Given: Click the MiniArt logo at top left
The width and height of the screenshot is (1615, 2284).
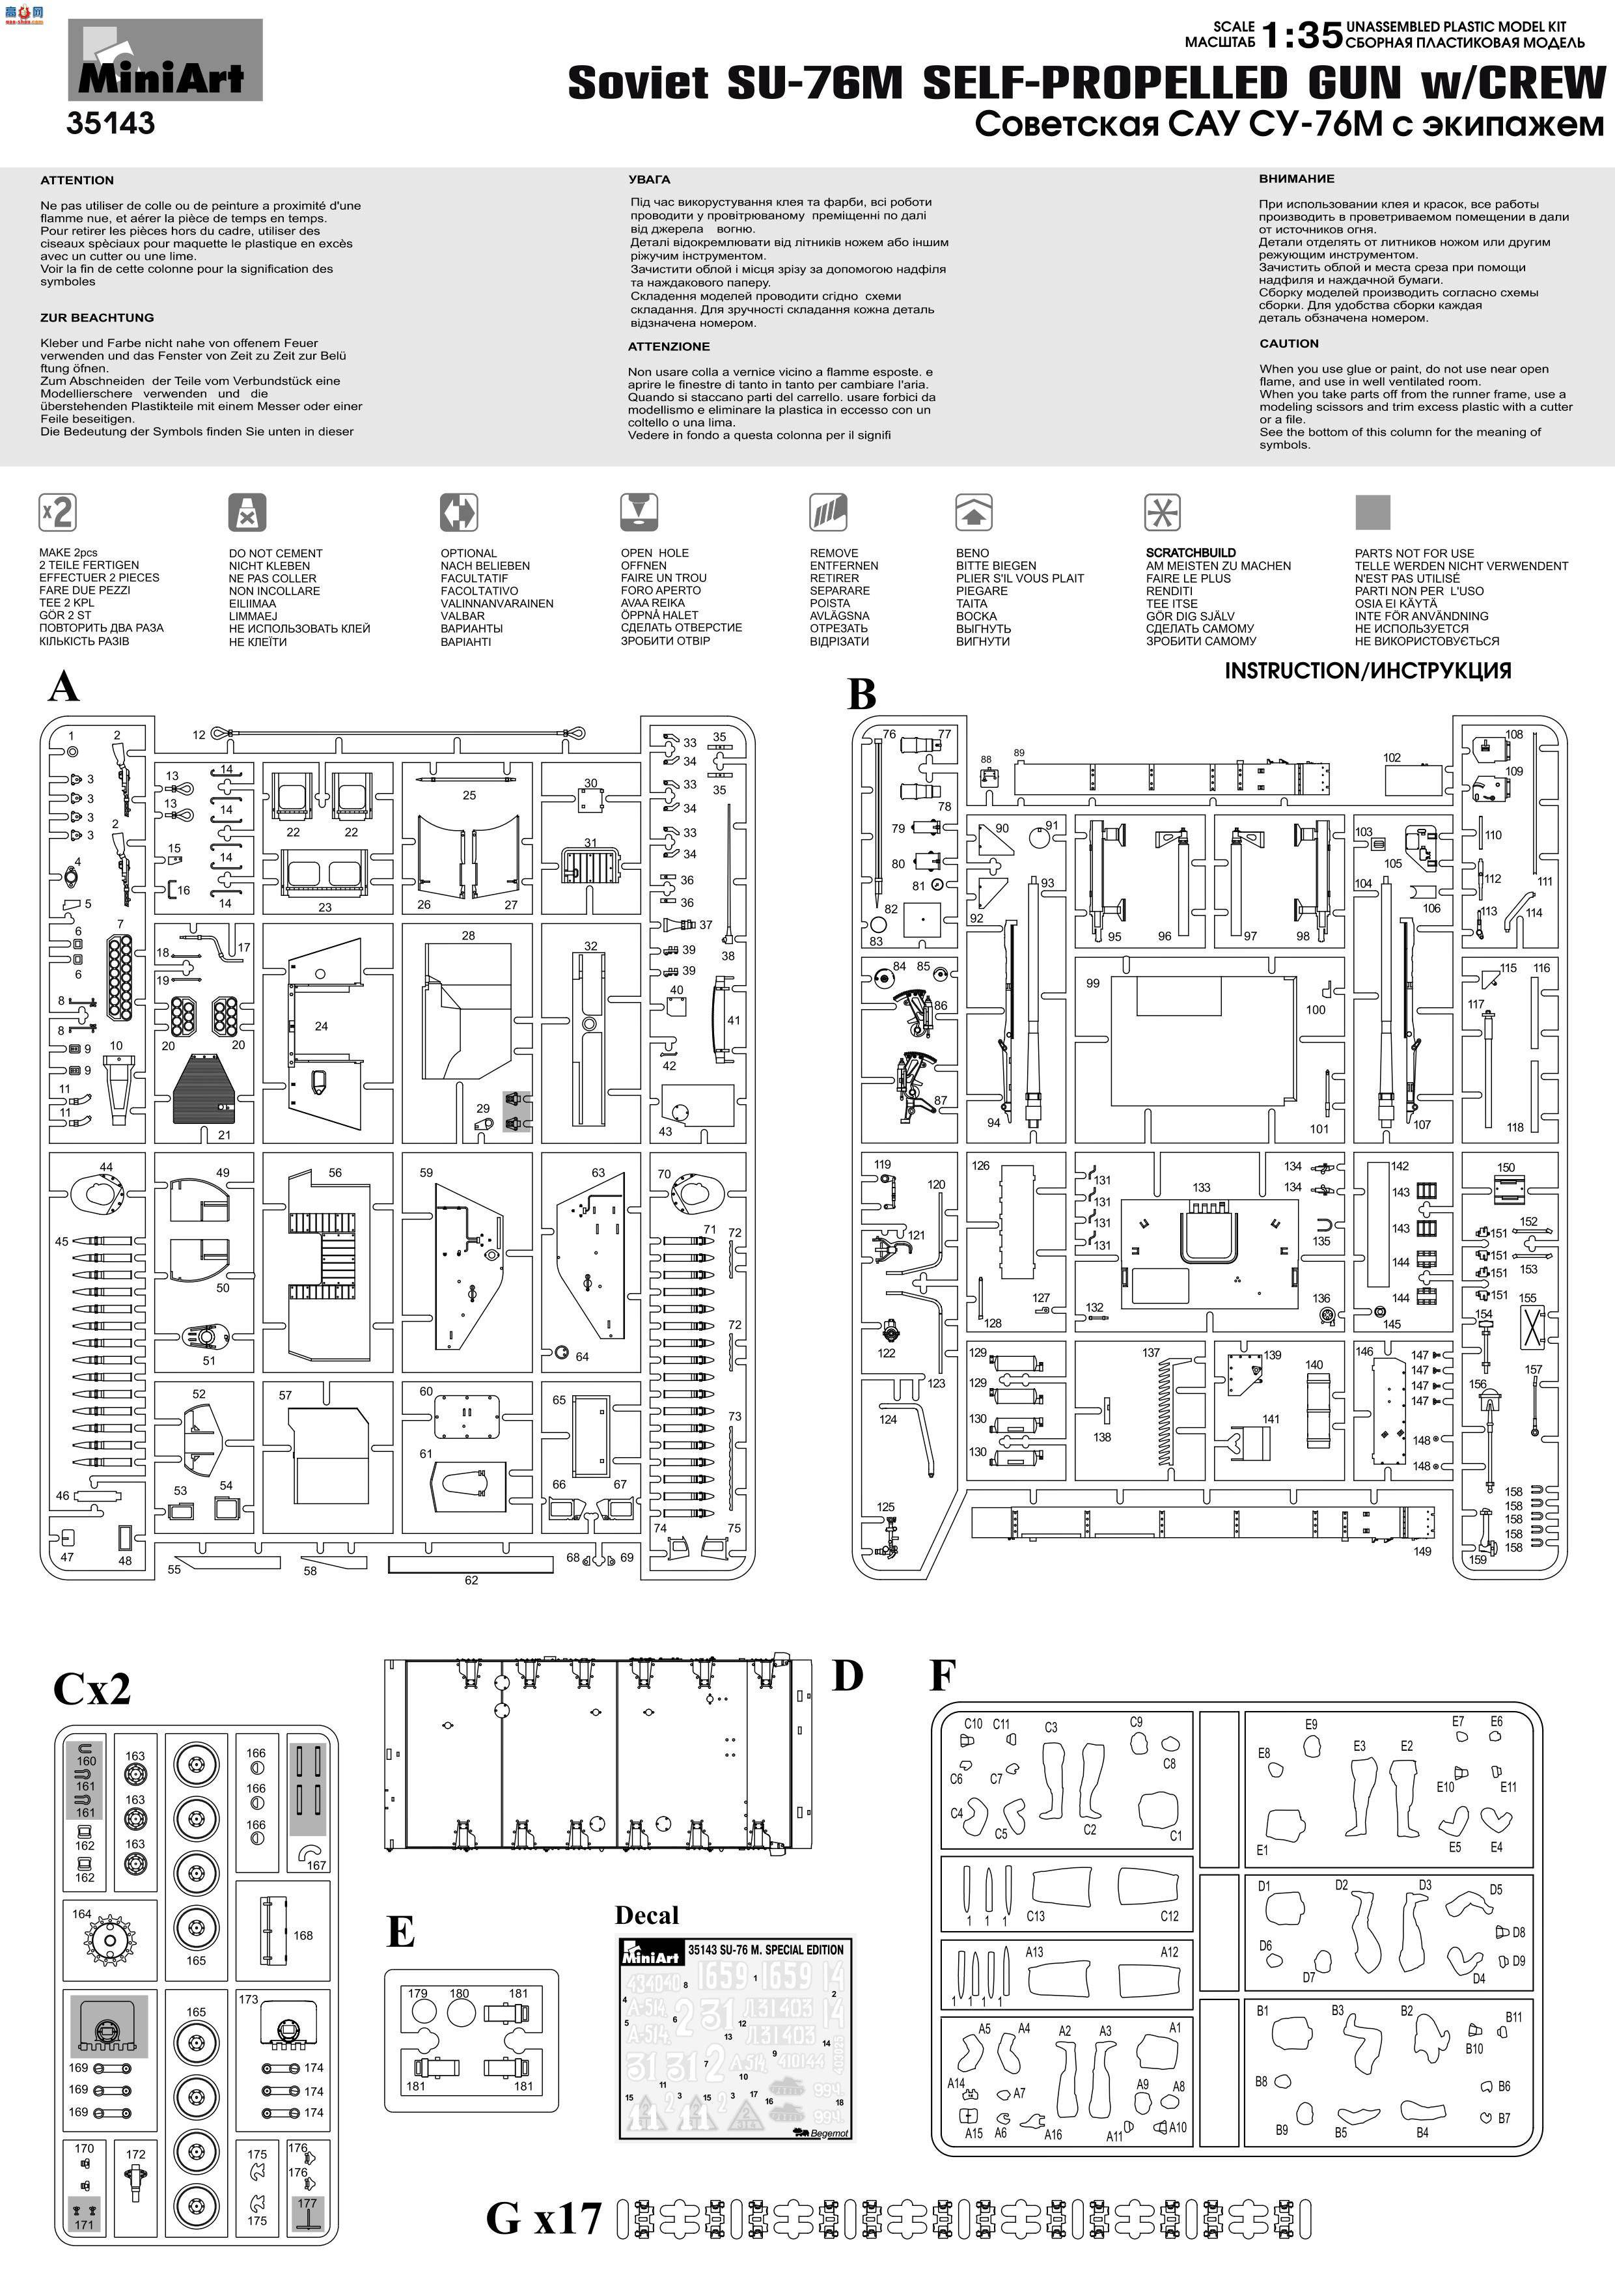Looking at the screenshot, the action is pyautogui.click(x=164, y=62).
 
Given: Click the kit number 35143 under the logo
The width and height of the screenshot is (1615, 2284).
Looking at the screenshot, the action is pyautogui.click(x=111, y=123).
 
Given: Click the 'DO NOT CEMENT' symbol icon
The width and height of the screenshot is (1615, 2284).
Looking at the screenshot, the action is pyautogui.click(x=247, y=513).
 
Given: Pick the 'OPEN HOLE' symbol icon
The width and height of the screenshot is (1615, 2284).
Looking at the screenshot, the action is pyautogui.click(x=639, y=512).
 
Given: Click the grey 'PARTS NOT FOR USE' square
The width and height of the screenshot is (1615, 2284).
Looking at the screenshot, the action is pyautogui.click(x=1372, y=512).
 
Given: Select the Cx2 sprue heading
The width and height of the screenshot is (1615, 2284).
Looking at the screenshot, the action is pyautogui.click(x=92, y=1688).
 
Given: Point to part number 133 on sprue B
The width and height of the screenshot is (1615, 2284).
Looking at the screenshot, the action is pyautogui.click(x=1200, y=1188).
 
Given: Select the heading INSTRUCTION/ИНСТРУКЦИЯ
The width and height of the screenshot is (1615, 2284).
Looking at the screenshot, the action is pyautogui.click(x=1368, y=671).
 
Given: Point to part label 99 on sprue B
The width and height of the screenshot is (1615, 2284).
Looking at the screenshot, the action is pyautogui.click(x=1093, y=983).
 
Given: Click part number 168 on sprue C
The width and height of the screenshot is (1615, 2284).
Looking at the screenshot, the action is pyautogui.click(x=303, y=1935).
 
